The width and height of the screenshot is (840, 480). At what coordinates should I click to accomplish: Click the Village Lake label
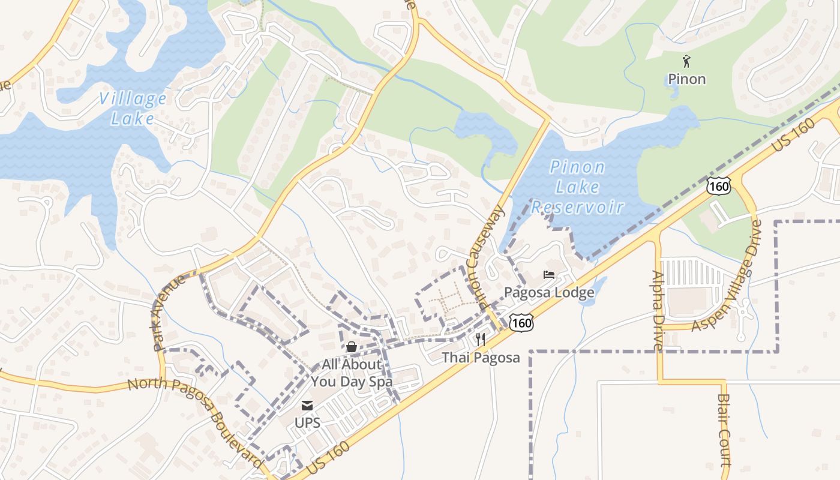[x=133, y=108]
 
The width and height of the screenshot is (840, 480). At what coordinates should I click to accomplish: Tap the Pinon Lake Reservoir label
[x=577, y=187]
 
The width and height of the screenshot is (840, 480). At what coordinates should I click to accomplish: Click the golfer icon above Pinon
[x=686, y=61]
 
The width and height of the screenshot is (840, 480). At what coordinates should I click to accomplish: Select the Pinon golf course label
[x=686, y=79]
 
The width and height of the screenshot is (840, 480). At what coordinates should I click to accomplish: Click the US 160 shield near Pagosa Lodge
[x=520, y=323]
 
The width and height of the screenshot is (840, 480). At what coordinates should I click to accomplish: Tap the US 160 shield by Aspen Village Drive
[x=718, y=186]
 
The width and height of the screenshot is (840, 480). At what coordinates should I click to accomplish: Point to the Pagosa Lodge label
[x=549, y=293]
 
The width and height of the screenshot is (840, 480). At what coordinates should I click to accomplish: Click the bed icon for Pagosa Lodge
[x=549, y=275]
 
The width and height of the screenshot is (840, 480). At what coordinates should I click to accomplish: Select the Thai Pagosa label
[x=481, y=358]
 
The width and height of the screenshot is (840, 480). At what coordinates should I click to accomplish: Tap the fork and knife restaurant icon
[x=480, y=340]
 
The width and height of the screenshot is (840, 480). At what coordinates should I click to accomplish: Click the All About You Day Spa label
[x=352, y=373]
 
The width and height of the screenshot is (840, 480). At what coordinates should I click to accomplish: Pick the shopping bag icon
[x=352, y=347]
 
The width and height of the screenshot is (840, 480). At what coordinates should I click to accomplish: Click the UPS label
[x=307, y=422]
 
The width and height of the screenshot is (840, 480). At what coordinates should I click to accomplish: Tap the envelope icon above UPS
[x=307, y=406]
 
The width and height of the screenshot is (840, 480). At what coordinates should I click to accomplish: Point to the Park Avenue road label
[x=170, y=313]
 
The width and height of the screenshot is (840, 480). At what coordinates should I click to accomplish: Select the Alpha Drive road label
[x=658, y=310]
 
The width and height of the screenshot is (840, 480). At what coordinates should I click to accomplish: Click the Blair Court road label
[x=724, y=430]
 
